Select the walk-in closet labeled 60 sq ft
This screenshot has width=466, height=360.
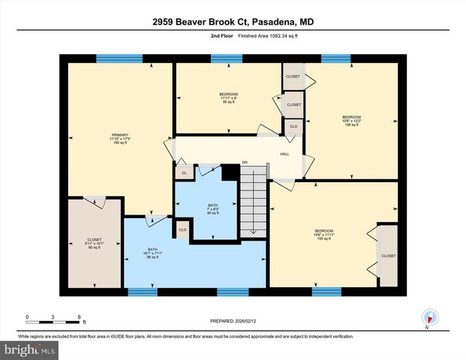[x=94, y=243]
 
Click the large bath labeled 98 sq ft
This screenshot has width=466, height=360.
[x=153, y=253]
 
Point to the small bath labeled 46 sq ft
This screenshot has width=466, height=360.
[x=213, y=208]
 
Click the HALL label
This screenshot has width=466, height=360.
[x=284, y=153]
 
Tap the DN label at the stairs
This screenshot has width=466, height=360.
[x=245, y=162]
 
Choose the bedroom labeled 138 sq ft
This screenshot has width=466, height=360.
[x=351, y=121]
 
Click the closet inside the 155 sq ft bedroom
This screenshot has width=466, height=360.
[x=388, y=256]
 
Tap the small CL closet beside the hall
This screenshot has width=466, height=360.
[x=184, y=172]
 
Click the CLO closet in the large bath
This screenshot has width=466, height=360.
[x=182, y=229]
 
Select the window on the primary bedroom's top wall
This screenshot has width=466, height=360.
[x=119, y=58]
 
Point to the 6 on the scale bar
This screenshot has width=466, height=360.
[x=79, y=317]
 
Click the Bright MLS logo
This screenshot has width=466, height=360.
[x=29, y=349]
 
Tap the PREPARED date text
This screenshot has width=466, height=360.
[x=233, y=322]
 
